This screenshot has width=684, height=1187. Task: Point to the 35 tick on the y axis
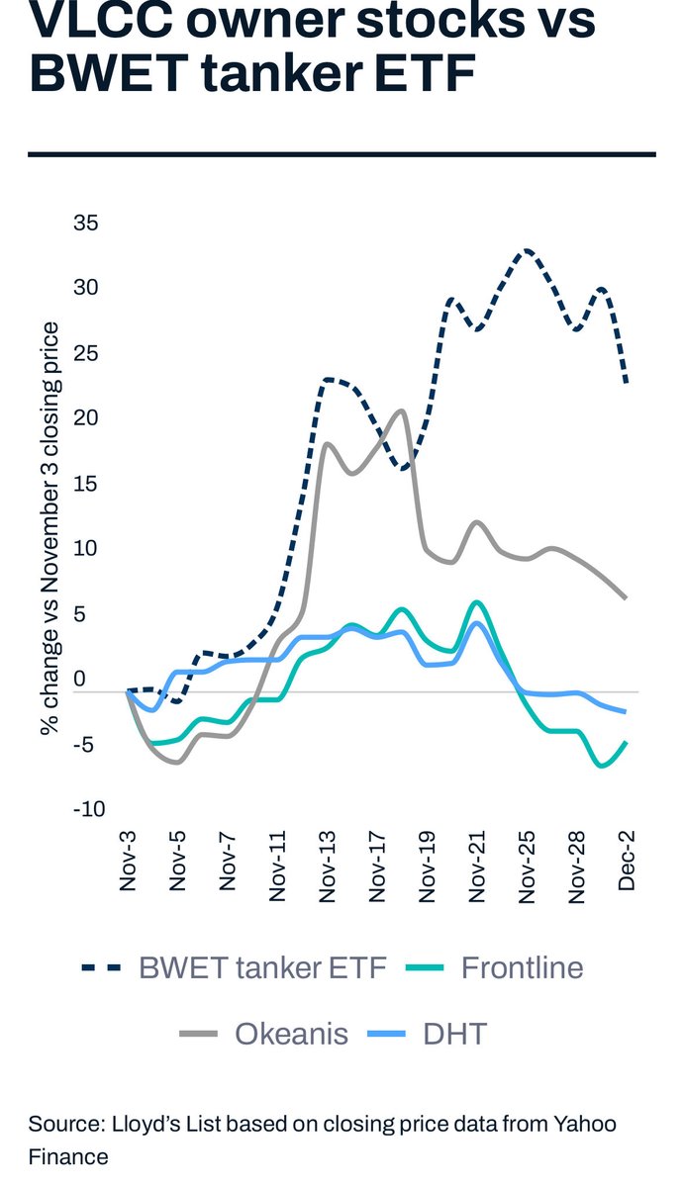pos(87,223)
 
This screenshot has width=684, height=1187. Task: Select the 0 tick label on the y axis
pos(80,680)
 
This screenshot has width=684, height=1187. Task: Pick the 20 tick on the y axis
pos(87,418)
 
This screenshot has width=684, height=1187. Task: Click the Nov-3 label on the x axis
pos(129,860)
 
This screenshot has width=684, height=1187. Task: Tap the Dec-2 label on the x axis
pos(627,860)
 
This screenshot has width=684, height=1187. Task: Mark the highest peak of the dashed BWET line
pos(527,250)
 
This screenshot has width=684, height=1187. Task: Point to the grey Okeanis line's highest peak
pos(401,411)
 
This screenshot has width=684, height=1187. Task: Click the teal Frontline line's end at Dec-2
pos(626,742)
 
